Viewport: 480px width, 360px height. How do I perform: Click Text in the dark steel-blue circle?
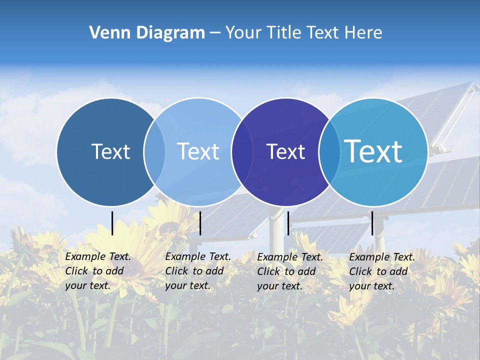click(x=110, y=151)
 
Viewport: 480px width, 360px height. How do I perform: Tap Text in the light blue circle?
click(x=198, y=151)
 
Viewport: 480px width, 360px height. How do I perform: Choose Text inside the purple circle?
click(x=285, y=152)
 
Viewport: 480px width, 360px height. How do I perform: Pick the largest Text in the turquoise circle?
click(x=373, y=151)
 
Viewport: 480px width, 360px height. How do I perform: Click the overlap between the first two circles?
click(x=154, y=151)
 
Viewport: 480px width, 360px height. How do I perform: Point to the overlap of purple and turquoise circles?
click(x=329, y=151)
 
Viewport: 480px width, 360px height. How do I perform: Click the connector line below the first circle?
click(x=112, y=223)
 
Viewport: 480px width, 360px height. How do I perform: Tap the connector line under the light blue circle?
click(x=200, y=223)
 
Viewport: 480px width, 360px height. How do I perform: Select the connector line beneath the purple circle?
click(x=288, y=223)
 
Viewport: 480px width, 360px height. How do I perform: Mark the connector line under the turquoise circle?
click(x=372, y=223)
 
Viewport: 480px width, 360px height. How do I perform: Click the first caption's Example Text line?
click(x=98, y=256)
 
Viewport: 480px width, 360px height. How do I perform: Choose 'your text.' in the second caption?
click(x=187, y=285)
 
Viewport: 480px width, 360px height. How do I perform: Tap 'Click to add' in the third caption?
click(x=286, y=271)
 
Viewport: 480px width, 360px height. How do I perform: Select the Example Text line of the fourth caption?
click(x=382, y=257)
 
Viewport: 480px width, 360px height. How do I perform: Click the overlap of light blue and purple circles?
click(x=242, y=151)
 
